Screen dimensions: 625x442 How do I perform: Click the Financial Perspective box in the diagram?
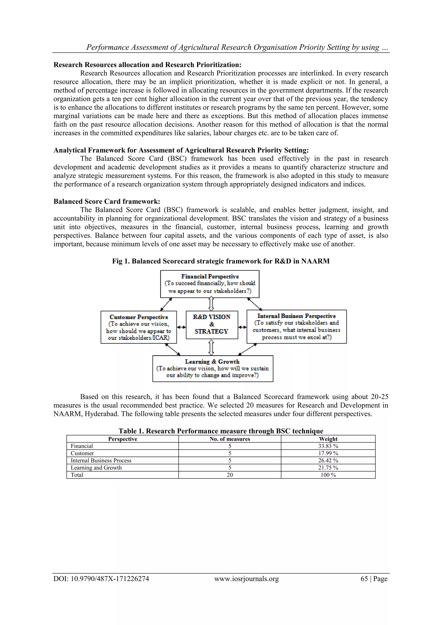point(210,284)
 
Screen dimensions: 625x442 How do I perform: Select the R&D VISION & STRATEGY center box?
point(212,324)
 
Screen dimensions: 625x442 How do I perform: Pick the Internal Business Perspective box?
point(296,326)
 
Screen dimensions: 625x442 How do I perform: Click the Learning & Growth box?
point(213,368)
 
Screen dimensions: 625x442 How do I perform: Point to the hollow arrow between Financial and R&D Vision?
point(211,304)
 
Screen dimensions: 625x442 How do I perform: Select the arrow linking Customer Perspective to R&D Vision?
point(181,327)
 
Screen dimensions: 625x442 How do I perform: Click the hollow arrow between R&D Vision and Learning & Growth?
point(211,347)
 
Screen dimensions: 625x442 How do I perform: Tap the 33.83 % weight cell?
point(328,446)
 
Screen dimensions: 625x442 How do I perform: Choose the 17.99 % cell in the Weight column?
point(328,453)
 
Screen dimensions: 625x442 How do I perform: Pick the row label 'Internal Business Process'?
point(101,460)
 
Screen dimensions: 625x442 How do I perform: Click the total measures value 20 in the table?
point(230,475)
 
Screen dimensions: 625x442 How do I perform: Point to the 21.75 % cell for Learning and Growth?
point(328,468)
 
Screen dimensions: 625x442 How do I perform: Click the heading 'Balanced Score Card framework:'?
point(107,201)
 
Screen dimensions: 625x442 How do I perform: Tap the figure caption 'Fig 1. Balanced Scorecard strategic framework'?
point(221,261)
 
